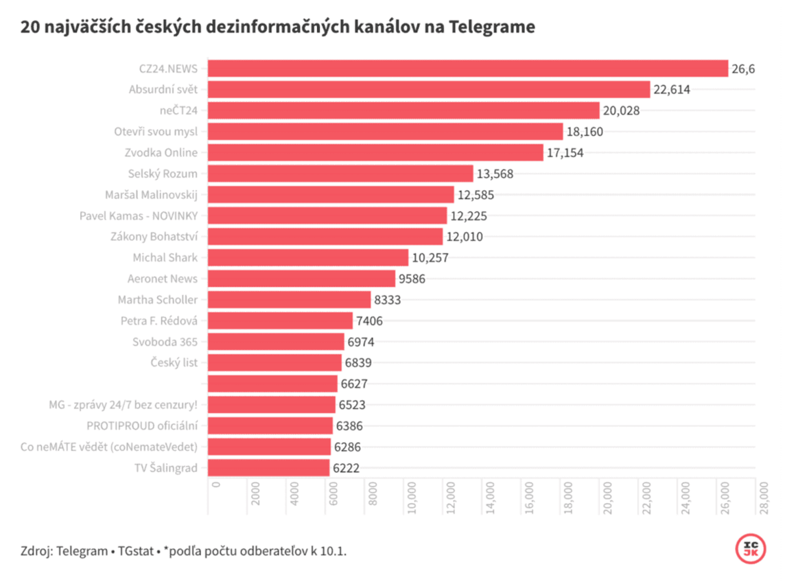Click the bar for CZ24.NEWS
[x=467, y=69]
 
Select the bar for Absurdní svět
[x=428, y=89]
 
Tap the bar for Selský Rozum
[x=340, y=174]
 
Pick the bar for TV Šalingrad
[x=268, y=468]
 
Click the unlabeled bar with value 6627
[x=272, y=384]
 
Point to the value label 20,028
[x=621, y=110]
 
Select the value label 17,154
[x=565, y=153]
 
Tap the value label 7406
[x=369, y=320]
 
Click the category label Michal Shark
[x=165, y=258]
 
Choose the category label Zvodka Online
[x=162, y=152]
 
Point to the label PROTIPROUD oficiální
[x=142, y=426]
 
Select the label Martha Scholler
[x=157, y=300]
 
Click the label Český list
[x=174, y=362]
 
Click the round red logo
[x=750, y=548]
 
